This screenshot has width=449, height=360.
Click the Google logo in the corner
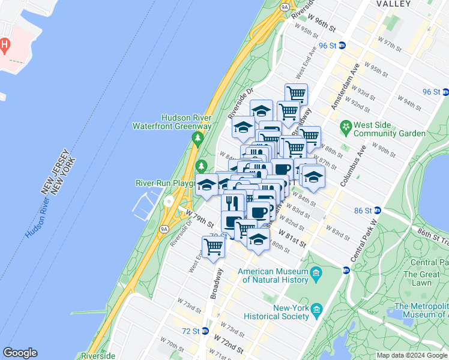coord(20,353)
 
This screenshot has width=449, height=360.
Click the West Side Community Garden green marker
coord(345,127)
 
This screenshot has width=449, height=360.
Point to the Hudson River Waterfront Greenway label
coord(186,122)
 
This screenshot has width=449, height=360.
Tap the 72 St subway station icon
coord(205,331)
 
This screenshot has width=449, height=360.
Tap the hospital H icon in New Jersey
coord(5,44)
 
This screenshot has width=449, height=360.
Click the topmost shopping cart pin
coord(296,93)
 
